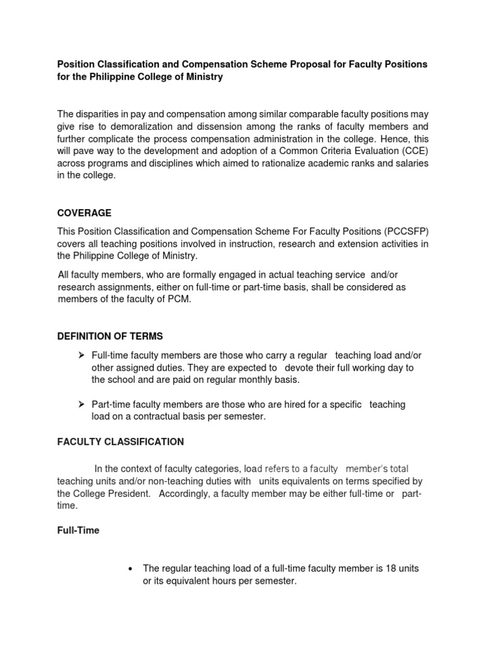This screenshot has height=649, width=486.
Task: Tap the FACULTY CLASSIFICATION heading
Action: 120,441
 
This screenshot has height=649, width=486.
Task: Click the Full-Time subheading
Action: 78,530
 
